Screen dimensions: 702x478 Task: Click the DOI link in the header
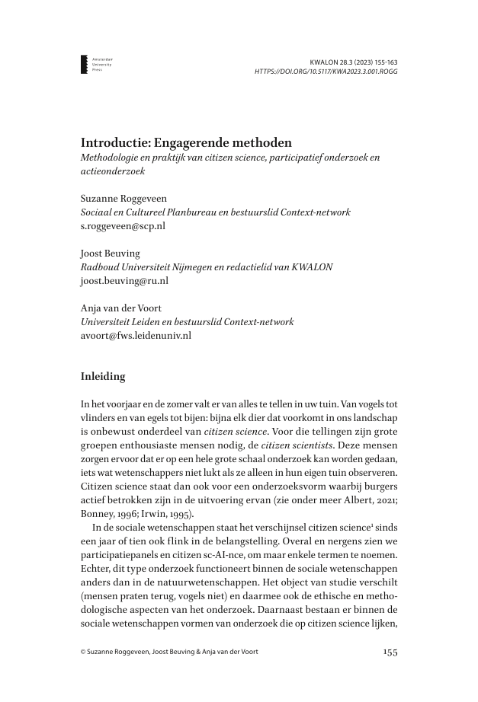(x=326, y=72)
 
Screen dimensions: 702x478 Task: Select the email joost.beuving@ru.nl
(x=124, y=281)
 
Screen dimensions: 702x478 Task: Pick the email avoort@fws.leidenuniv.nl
(x=136, y=335)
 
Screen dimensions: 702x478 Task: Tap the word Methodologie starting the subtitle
(x=117, y=158)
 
